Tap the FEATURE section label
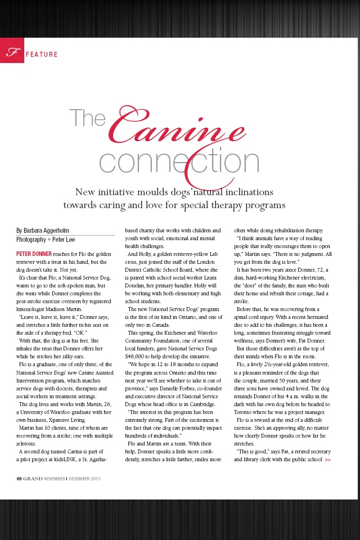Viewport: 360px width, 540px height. click(41, 55)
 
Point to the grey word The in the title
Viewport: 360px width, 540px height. click(88, 118)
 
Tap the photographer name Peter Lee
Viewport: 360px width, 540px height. click(67, 239)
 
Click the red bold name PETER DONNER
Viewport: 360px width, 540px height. click(34, 254)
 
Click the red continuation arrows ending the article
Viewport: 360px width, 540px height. click(328, 460)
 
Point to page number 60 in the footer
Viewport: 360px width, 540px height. click(19, 479)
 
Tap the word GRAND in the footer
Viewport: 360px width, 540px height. click(33, 479)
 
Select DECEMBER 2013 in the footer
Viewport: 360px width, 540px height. click(84, 479)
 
